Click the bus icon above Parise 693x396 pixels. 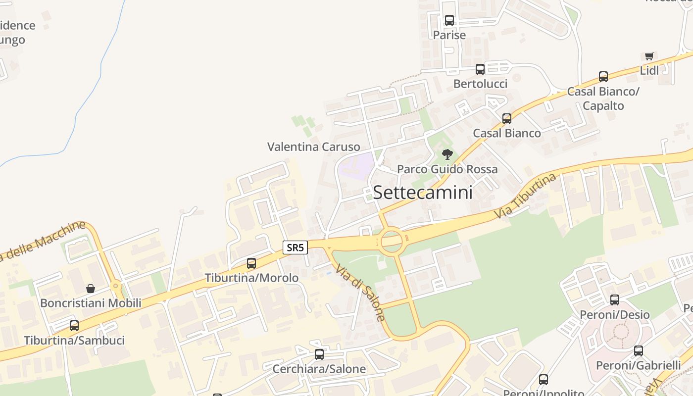[x=449, y=20]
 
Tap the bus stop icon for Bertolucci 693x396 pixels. [x=480, y=69]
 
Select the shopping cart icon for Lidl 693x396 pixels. [x=649, y=56]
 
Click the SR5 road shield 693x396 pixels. [x=295, y=247]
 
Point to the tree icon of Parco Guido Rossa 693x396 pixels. [x=447, y=154]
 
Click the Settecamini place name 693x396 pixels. [x=423, y=192]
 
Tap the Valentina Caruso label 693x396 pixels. [x=313, y=147]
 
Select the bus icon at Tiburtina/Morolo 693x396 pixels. [x=251, y=263]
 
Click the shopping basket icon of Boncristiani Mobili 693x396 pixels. [x=91, y=288]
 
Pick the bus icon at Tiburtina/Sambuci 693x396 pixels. [x=74, y=325]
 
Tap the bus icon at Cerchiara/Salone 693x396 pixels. [x=319, y=354]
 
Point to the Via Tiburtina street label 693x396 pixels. [x=525, y=197]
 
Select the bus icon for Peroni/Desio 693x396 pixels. [x=614, y=299]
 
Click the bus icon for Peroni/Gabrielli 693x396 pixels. [x=638, y=350]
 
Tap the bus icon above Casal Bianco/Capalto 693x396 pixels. [x=603, y=76]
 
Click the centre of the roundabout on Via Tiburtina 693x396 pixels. [x=391, y=241]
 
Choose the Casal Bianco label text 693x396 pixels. [x=506, y=133]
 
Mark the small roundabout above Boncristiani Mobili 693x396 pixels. [x=115, y=286]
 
